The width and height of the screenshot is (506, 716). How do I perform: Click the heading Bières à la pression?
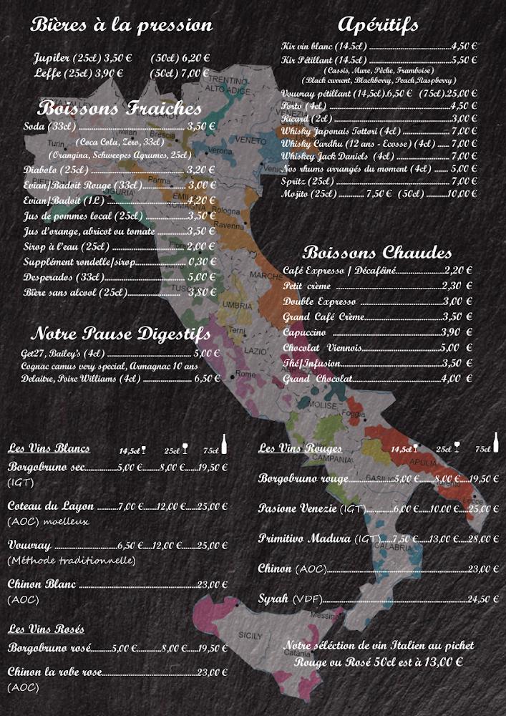click(x=122, y=25)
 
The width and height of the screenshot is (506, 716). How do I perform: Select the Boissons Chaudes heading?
click(x=377, y=253)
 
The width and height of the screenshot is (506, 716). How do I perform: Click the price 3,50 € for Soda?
click(x=201, y=127)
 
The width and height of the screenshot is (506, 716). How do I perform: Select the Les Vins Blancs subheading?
click(x=49, y=448)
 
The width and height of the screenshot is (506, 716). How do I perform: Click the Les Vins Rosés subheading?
click(x=46, y=629)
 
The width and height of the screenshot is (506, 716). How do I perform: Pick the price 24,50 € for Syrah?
click(x=483, y=599)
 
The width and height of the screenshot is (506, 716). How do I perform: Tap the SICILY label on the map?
click(x=250, y=635)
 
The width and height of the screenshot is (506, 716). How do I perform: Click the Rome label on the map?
click(x=245, y=374)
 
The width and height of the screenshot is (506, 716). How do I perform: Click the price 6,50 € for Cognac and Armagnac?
click(x=207, y=379)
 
